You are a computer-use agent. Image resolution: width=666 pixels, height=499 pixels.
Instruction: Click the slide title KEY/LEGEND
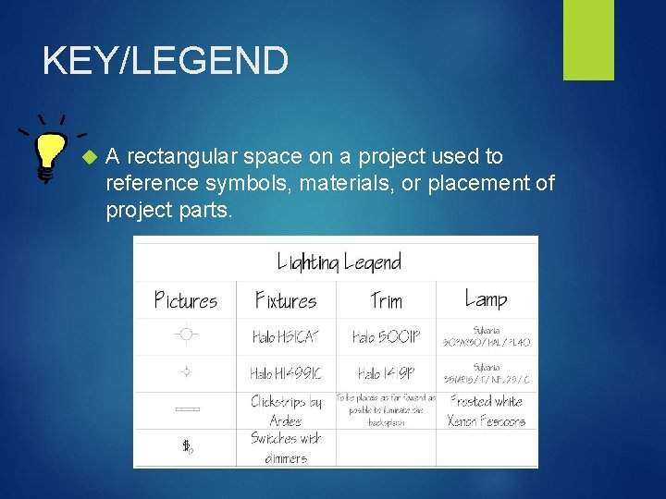pyautogui.click(x=166, y=62)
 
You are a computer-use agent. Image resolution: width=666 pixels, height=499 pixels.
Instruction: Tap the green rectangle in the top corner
pyautogui.click(x=588, y=39)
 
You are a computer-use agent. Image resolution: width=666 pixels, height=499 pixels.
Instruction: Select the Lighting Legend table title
pyautogui.click(x=339, y=262)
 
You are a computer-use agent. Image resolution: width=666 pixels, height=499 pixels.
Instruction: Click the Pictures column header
pyautogui.click(x=186, y=300)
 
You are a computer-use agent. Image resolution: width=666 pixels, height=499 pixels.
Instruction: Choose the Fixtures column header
pyautogui.click(x=286, y=300)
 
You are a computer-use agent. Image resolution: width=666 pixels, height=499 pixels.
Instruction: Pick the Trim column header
pyautogui.click(x=386, y=300)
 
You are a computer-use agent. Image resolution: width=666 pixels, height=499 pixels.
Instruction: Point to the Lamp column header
pyautogui.click(x=486, y=298)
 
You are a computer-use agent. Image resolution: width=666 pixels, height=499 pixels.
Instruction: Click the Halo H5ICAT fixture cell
pyautogui.click(x=286, y=336)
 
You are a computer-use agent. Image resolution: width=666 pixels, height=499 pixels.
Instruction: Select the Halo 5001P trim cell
pyautogui.click(x=386, y=336)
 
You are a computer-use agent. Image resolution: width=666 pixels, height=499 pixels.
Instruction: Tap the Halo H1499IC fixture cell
pyautogui.click(x=286, y=373)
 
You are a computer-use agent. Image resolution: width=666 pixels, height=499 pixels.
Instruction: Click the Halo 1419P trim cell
pyautogui.click(x=386, y=373)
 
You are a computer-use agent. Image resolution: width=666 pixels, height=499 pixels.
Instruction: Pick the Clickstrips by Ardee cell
pyautogui.click(x=286, y=410)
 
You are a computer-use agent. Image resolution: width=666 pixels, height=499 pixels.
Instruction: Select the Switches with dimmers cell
pyautogui.click(x=286, y=447)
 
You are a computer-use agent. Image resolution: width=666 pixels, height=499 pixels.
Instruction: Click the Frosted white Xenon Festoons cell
pyautogui.click(x=486, y=410)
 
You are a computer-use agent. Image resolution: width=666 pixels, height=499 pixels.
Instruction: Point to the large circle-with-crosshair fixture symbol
pyautogui.click(x=186, y=335)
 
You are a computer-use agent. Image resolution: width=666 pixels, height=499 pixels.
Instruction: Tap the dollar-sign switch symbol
pyautogui.click(x=187, y=447)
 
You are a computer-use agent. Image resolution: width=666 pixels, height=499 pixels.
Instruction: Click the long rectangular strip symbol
pyautogui.click(x=187, y=408)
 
